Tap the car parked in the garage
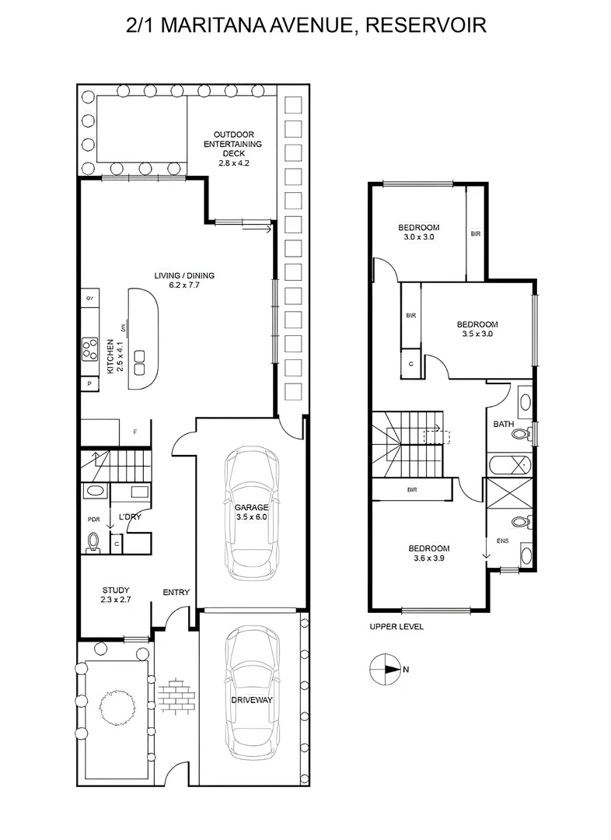click(251, 513)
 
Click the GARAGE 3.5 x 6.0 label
click(251, 512)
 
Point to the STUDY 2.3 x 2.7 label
click(116, 595)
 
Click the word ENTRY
click(176, 593)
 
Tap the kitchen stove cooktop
click(90, 347)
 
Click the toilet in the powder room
click(93, 541)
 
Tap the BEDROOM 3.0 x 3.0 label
click(419, 233)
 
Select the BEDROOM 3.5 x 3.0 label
click(477, 329)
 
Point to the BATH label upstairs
click(502, 425)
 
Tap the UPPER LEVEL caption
click(396, 626)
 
